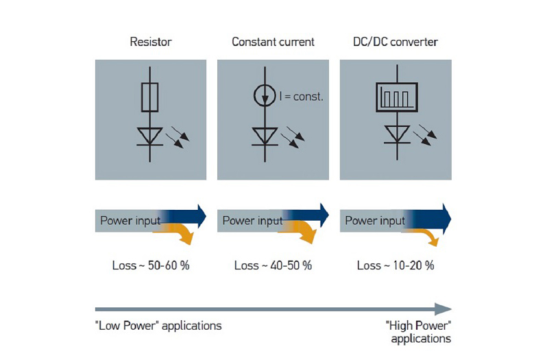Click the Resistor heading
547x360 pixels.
[x=150, y=42]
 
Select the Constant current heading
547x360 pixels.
[x=273, y=42]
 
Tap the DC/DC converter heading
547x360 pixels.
[x=396, y=42]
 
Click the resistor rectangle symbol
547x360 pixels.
[x=150, y=97]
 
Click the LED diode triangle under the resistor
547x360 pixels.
[x=150, y=135]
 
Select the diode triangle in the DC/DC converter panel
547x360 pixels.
[x=395, y=135]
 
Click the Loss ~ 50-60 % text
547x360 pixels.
[x=150, y=265]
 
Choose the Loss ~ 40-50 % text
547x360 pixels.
[x=273, y=265]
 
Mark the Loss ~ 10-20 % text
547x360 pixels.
[x=396, y=265]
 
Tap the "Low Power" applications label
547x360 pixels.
[x=158, y=326]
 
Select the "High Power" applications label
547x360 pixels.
[x=418, y=332]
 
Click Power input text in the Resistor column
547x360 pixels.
[x=130, y=221]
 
